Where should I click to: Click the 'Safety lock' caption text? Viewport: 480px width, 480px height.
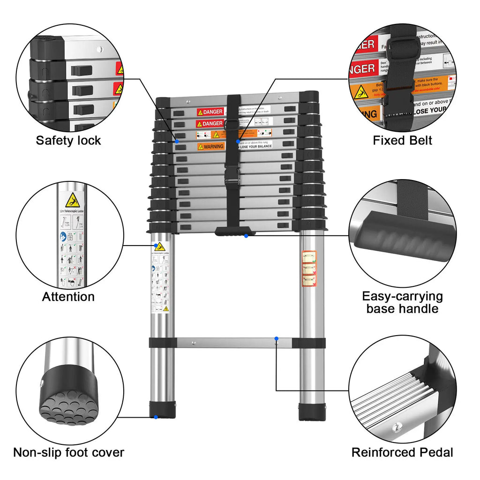coord(68,140)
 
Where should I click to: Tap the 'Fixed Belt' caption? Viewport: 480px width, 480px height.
coord(402,140)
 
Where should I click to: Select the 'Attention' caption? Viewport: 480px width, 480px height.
coord(68,297)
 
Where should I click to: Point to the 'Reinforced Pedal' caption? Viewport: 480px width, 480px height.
coord(402,452)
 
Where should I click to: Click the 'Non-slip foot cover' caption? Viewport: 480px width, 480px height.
coord(68,452)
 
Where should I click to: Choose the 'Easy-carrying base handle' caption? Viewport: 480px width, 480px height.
coord(402,302)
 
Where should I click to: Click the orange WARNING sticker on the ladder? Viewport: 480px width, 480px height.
coord(210,146)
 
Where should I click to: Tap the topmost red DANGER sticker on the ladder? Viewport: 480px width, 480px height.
coord(210,112)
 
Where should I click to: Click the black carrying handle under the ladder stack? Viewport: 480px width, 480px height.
coord(235,231)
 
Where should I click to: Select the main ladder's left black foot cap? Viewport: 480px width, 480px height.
coord(162,409)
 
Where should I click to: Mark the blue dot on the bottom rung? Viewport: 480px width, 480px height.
coord(277,338)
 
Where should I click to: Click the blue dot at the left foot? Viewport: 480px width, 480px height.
coord(156,417)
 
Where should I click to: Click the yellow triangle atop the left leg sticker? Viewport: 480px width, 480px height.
coord(160,246)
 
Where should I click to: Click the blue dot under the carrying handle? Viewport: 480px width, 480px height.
coord(246,236)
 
